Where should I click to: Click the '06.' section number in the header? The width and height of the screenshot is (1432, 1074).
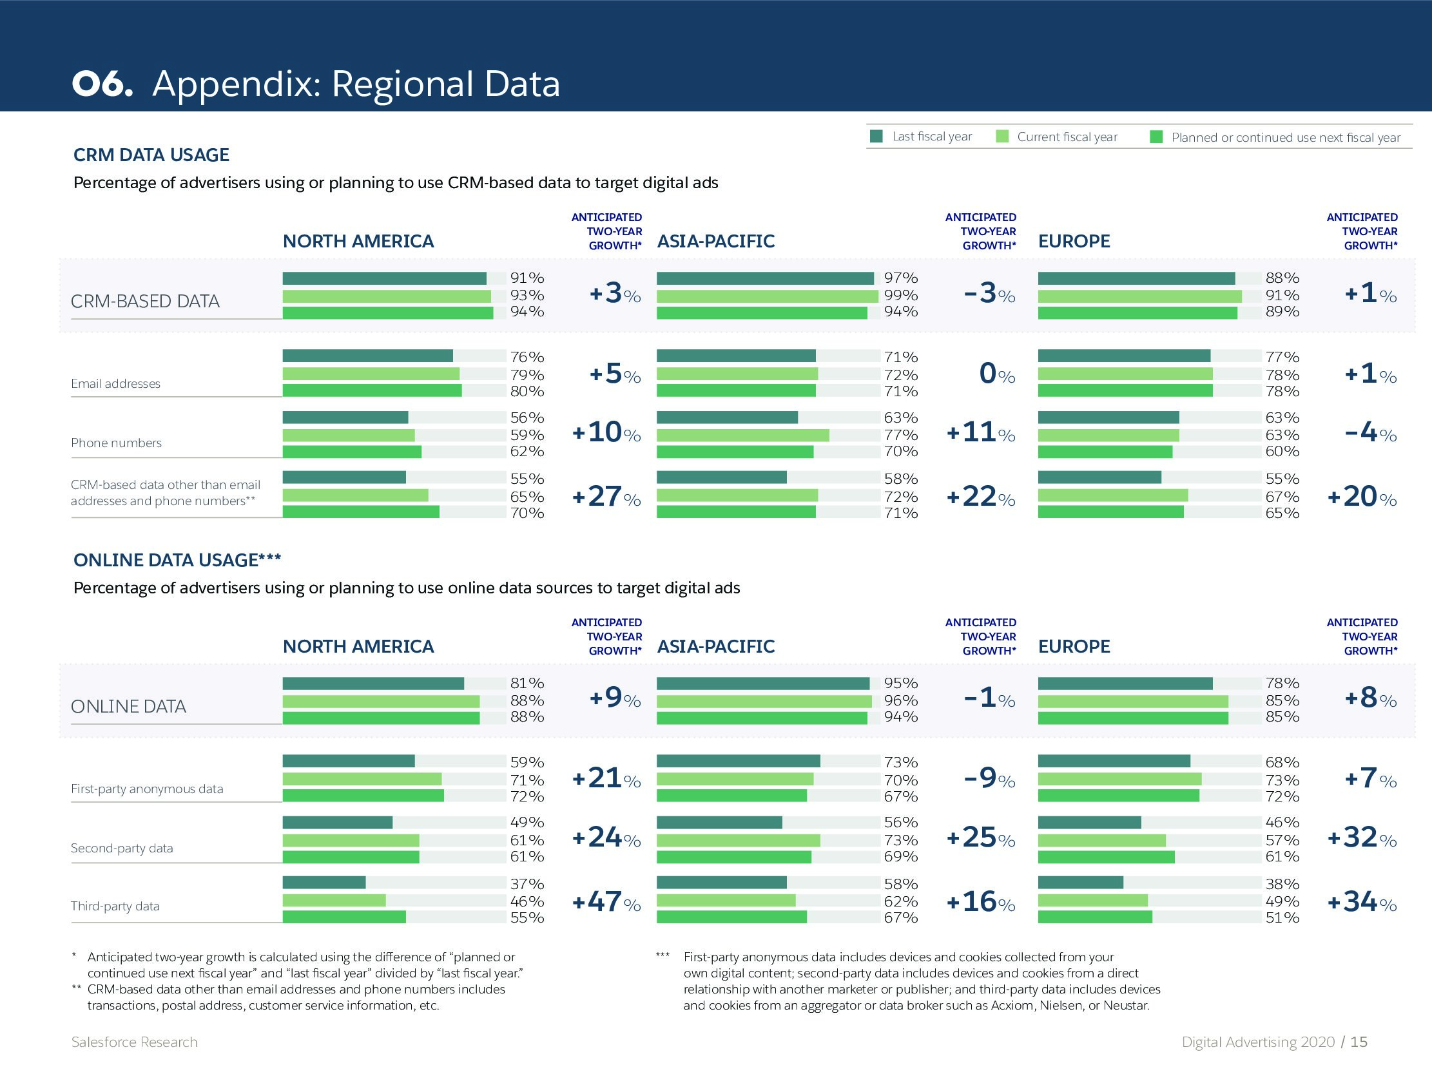(102, 84)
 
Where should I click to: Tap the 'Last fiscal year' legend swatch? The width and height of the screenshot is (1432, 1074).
(876, 136)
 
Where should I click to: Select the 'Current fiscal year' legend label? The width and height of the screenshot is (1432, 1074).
(1067, 137)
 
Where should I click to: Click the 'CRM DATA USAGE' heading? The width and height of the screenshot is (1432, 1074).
(151, 155)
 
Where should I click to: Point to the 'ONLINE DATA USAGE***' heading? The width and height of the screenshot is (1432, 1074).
(177, 560)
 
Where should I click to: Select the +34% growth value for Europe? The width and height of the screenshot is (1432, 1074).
(1362, 902)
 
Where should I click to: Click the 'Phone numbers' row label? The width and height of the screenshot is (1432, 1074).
(116, 443)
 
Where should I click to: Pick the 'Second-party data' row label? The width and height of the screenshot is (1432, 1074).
(122, 848)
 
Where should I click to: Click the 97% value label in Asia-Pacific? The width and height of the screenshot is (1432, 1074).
(900, 278)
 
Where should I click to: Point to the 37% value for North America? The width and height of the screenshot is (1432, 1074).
(527, 884)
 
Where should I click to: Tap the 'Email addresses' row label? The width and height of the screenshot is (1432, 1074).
(115, 383)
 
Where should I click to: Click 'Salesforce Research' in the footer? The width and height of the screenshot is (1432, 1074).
(134, 1042)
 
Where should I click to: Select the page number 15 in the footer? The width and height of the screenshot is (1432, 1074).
(1359, 1042)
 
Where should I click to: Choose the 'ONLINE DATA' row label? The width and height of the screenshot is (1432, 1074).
(128, 706)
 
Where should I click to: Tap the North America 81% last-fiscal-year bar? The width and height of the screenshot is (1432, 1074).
(373, 684)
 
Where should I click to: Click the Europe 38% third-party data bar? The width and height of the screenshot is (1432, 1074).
(1080, 883)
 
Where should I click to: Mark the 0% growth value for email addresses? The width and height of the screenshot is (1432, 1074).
(996, 374)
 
